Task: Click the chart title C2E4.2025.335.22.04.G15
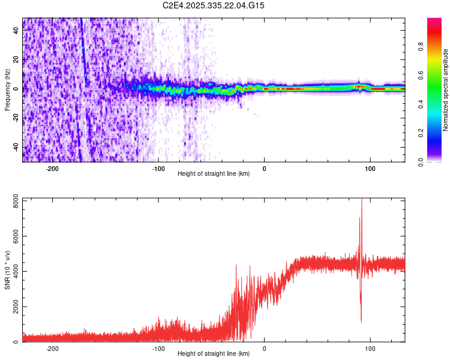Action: coord(214,5)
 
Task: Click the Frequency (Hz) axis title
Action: coord(7,90)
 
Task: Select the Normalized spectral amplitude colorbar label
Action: coord(446,90)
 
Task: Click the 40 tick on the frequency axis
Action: coord(16,31)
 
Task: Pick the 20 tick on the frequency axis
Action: coord(16,60)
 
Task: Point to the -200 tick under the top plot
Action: coord(52,169)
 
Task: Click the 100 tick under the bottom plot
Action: coord(370,349)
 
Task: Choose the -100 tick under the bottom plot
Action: coord(158,349)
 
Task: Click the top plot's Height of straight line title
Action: coord(214,174)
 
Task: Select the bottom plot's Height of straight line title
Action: coord(214,354)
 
